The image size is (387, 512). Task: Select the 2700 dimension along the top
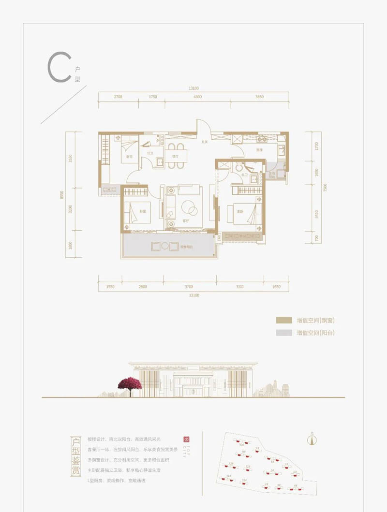point(118,97)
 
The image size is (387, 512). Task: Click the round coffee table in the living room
point(189,209)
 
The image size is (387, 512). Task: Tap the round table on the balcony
point(165,246)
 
